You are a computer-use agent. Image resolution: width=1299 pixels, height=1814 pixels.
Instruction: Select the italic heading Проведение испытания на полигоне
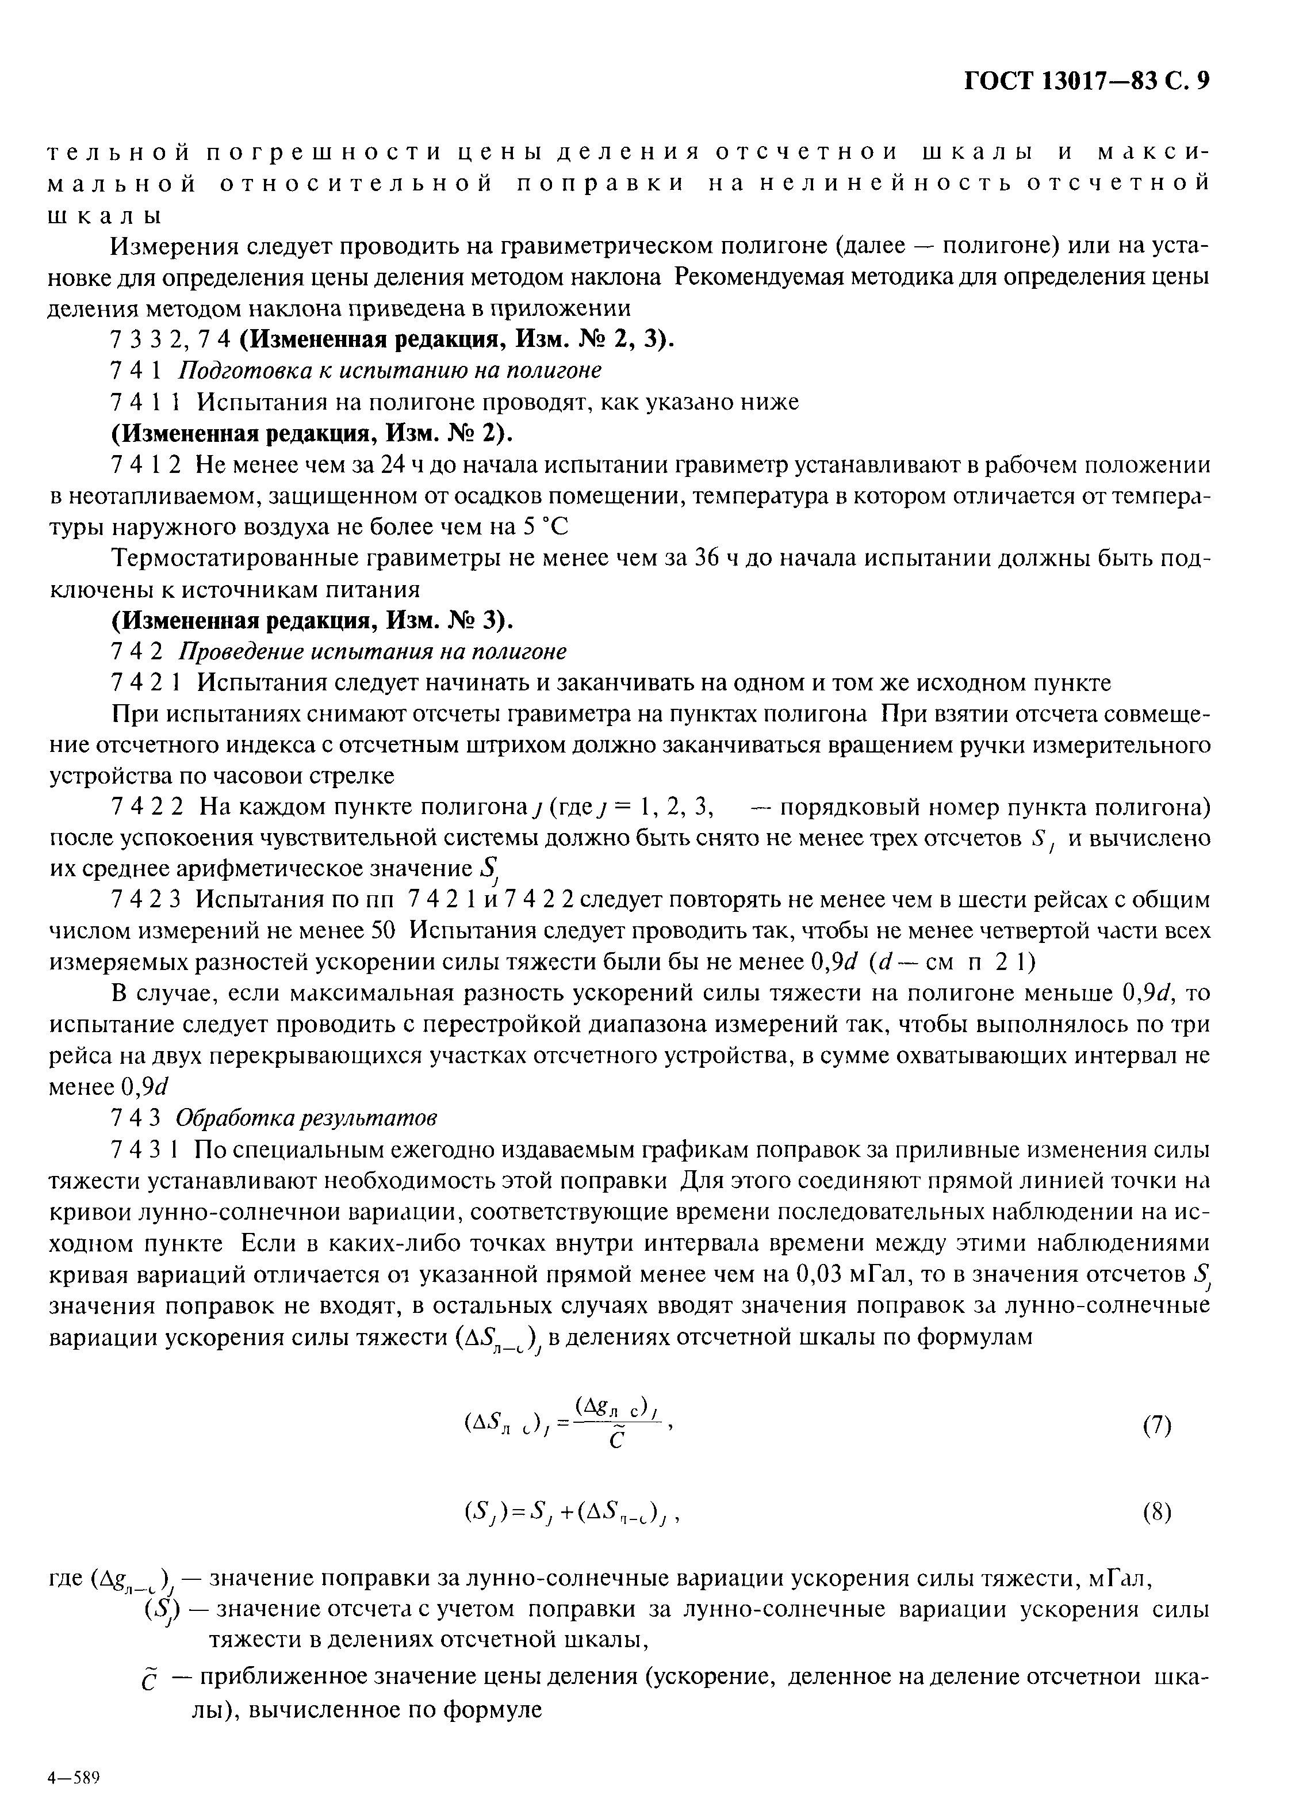click(371, 652)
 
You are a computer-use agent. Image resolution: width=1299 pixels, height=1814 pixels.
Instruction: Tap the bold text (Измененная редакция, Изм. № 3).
click(312, 621)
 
